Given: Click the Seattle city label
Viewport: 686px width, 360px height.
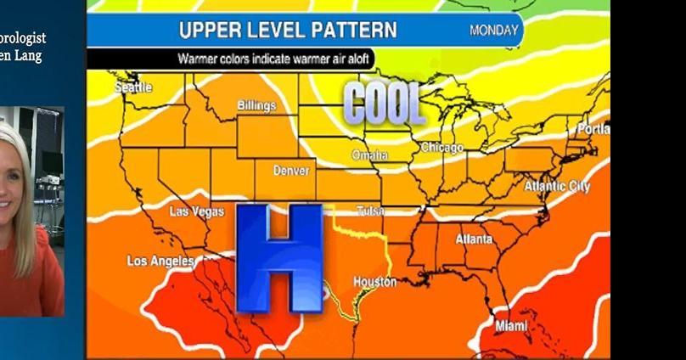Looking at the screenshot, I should [132, 87].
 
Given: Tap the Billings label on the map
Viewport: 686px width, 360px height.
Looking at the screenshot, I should [256, 106].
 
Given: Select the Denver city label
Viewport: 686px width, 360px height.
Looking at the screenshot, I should [291, 171].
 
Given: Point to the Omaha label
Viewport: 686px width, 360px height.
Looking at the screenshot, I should [370, 155].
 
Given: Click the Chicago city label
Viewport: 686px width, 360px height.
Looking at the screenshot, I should [442, 148].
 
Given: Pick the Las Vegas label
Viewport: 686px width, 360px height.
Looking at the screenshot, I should [197, 211].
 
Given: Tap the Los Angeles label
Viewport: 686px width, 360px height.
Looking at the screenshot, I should [160, 261].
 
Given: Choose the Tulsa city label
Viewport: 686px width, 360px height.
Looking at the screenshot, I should [370, 211].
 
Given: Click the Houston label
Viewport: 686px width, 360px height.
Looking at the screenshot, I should [374, 281].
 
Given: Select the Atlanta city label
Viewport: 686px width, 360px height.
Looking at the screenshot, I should [474, 239].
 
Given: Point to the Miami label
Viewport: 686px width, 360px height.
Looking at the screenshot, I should [510, 326].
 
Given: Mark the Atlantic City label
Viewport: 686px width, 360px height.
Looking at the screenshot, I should [557, 186].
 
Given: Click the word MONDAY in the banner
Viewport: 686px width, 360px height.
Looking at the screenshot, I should [493, 31].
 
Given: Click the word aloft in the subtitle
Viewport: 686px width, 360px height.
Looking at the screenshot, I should [358, 59].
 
